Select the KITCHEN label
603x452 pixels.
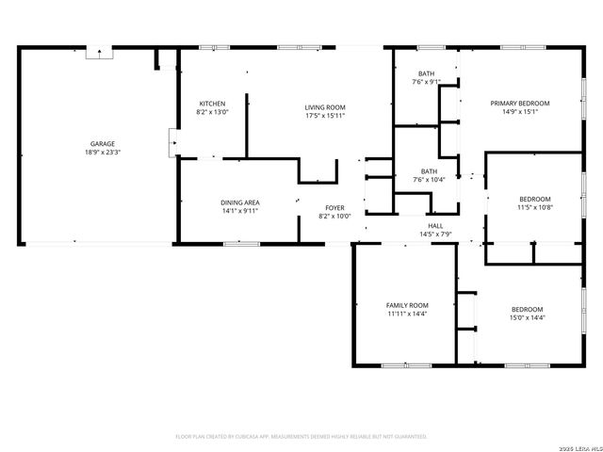tap(212, 104)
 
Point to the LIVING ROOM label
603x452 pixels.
tap(325, 108)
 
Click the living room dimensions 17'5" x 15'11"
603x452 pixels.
tap(325, 117)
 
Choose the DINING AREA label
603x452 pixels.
tap(239, 202)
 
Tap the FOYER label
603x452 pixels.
tap(335, 207)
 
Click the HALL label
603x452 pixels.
tap(435, 226)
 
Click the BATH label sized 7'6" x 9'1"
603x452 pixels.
tap(427, 73)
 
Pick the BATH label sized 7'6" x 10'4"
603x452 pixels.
tap(427, 171)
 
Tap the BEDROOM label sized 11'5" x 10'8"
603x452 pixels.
tap(534, 199)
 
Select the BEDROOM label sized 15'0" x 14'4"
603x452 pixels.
tap(527, 310)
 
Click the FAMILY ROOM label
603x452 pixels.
tap(407, 305)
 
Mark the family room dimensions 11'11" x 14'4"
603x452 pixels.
tap(407, 314)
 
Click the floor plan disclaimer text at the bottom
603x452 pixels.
tap(301, 437)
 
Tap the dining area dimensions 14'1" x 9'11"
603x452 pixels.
tap(239, 211)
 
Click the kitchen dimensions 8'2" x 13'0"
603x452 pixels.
tap(212, 112)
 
